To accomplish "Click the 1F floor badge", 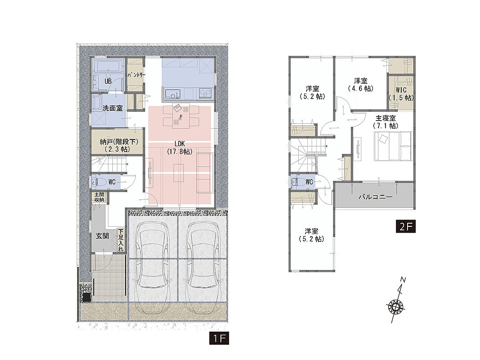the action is tap(219, 338).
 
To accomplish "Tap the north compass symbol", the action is tap(396, 301).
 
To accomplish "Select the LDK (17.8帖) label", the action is tap(179, 147).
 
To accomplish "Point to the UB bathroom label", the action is tap(108, 81).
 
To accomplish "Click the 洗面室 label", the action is tap(112, 108).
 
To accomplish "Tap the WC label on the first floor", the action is tap(112, 182).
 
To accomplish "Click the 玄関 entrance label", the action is tap(102, 236).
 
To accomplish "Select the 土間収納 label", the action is tap(99, 197).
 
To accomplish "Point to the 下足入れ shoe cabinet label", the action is tap(121, 240).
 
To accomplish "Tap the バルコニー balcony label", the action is tap(376, 197).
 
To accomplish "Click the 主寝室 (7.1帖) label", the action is tap(386, 122).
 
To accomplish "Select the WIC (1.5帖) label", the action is tap(401, 94).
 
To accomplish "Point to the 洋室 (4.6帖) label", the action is tap(361, 85).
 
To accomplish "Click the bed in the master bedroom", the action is tap(393, 146).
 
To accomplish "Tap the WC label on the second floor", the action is tap(309, 182).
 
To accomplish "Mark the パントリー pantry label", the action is tap(136, 75).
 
